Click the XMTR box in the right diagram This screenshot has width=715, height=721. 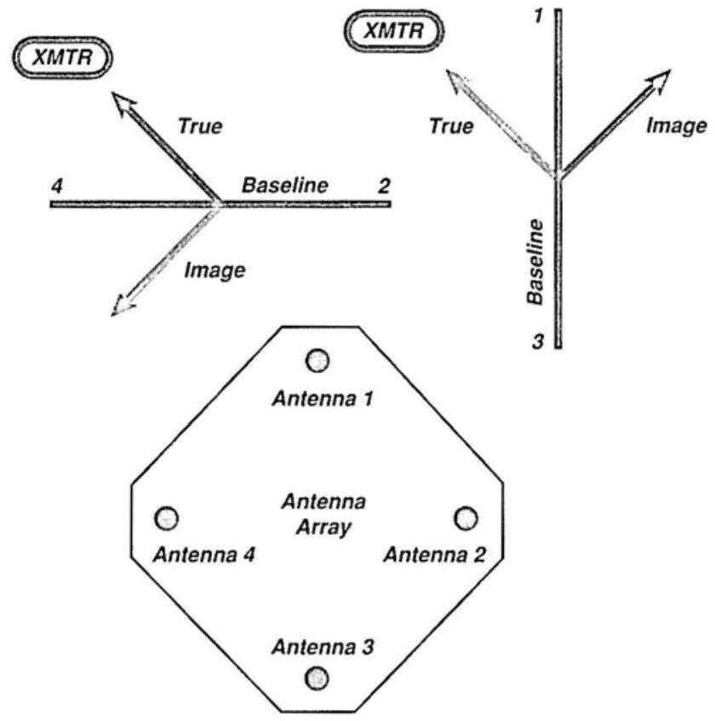[x=392, y=33]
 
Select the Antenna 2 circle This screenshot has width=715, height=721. [x=466, y=517]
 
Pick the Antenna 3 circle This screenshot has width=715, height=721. [x=317, y=678]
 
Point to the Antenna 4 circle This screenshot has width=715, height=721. [x=167, y=517]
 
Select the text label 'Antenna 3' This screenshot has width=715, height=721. [x=317, y=647]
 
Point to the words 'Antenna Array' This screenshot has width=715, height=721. [x=317, y=514]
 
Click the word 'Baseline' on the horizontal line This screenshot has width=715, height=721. [x=284, y=185]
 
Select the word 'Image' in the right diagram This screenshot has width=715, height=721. [x=676, y=126]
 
